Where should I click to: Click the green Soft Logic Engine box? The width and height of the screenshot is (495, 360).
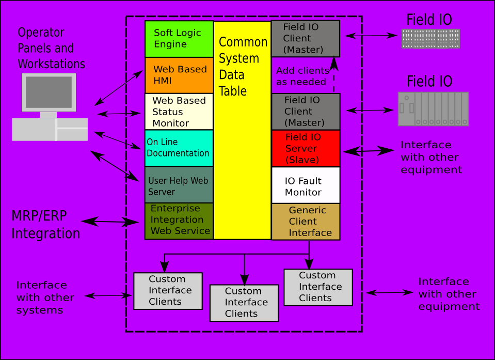pos(179,39)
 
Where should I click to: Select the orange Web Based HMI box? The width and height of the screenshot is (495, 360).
pos(179,75)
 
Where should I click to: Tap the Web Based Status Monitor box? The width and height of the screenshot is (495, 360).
pos(179,112)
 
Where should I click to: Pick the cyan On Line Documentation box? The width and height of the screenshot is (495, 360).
pos(179,148)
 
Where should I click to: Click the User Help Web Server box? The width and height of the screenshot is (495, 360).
pos(179,184)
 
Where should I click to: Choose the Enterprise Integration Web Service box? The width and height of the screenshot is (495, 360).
pos(179,221)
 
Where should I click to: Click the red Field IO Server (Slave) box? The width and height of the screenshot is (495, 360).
pos(306,148)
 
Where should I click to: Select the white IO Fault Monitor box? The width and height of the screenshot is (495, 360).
pos(306,185)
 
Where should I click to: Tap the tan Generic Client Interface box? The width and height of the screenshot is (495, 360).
pos(306,222)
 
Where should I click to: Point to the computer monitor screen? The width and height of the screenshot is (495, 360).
pos(49,92)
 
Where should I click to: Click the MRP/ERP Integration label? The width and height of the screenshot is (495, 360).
pos(45,224)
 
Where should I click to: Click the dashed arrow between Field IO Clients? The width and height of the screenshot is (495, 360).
pos(334,75)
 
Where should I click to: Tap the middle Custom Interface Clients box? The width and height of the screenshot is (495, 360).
pos(244,303)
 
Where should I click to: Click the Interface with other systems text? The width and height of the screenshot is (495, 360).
pos(45,298)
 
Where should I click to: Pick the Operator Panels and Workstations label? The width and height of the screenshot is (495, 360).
pos(51,48)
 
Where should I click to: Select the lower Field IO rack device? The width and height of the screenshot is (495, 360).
pos(433,109)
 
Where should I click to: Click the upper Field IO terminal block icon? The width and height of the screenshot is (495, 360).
pos(430,39)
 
